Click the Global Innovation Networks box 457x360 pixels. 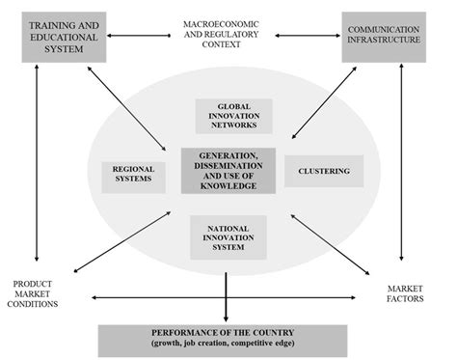click(x=233, y=116)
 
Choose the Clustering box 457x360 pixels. click(x=323, y=172)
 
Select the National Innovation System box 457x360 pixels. click(x=228, y=235)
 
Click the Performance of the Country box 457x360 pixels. click(x=229, y=339)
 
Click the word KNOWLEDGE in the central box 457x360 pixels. click(x=228, y=184)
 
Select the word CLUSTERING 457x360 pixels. click(x=323, y=172)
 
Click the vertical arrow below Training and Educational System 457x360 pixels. click(x=37, y=164)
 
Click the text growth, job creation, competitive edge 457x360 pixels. click(x=229, y=345)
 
